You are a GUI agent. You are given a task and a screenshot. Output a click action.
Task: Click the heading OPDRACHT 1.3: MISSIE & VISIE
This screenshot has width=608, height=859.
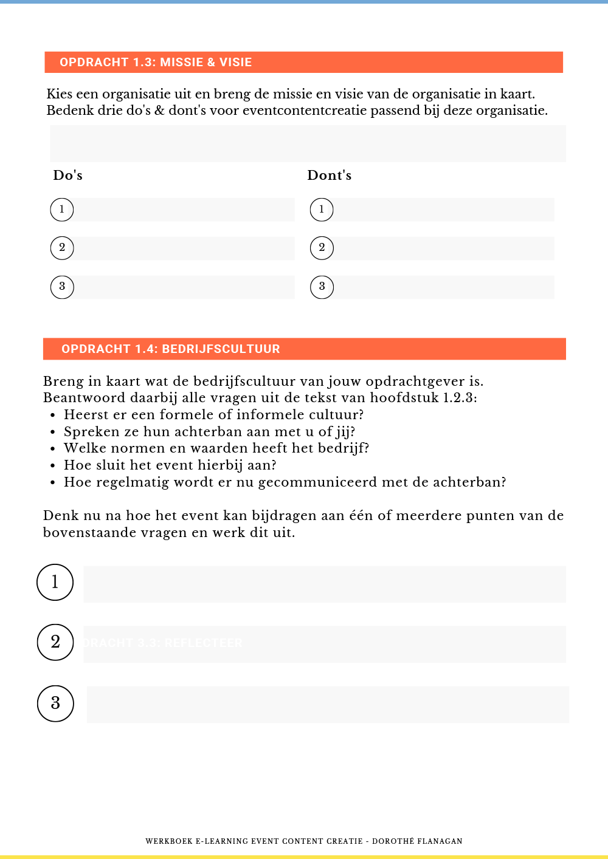[x=156, y=63]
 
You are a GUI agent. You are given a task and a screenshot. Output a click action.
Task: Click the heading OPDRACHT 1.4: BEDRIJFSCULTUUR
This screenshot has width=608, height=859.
[x=171, y=349]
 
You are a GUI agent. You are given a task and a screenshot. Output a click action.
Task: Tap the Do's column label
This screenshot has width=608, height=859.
[x=68, y=176]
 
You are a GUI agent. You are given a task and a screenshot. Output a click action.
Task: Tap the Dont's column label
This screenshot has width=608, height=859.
[x=330, y=176]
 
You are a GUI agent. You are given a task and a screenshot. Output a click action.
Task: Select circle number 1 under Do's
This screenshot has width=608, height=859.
[x=62, y=210]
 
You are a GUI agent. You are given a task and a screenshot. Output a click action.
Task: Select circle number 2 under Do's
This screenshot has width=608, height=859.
[x=62, y=248]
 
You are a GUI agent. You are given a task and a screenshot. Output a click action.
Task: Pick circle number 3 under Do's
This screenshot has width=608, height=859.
[x=62, y=287]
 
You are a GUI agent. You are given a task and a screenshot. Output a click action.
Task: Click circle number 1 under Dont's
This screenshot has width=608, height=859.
[x=322, y=210]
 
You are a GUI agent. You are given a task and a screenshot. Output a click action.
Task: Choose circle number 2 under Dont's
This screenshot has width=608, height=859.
[x=322, y=248]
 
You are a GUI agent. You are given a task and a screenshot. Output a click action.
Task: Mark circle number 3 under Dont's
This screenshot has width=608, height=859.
[x=322, y=287]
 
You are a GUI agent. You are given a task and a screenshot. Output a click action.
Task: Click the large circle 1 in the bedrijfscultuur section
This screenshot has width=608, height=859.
[x=55, y=582]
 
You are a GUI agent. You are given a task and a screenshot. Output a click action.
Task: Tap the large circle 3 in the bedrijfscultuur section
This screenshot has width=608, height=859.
[x=55, y=703]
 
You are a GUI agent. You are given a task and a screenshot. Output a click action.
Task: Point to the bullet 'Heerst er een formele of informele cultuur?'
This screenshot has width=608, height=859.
[x=213, y=415]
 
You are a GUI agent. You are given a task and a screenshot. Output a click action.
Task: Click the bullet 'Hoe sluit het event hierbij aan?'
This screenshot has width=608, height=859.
[x=170, y=465]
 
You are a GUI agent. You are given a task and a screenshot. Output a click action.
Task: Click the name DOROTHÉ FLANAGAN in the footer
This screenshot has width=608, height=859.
[x=417, y=841]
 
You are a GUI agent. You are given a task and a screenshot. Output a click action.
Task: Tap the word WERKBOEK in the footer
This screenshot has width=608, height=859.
[x=169, y=841]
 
